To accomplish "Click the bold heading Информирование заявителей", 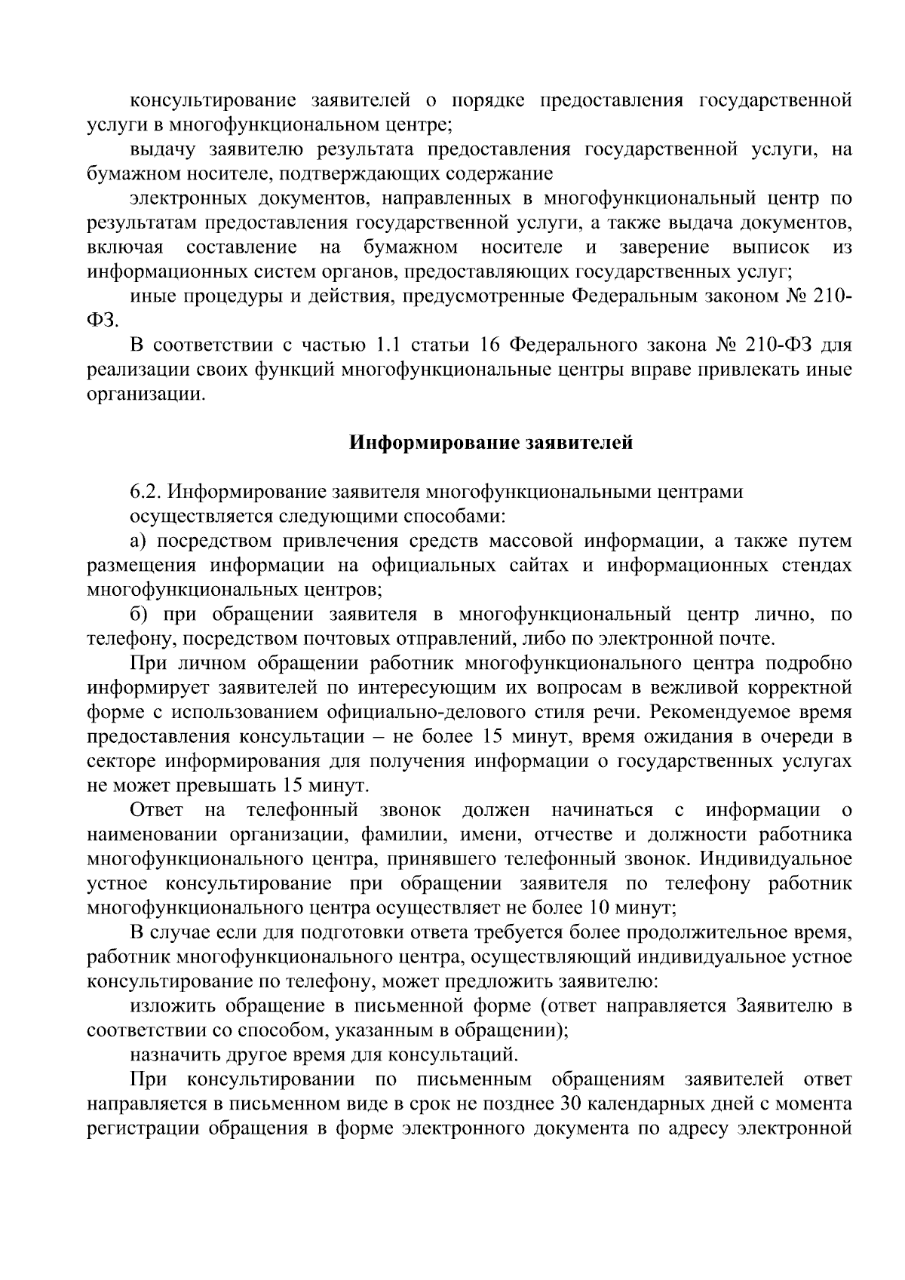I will click(491, 443).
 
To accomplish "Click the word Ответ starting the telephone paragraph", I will click(156, 810).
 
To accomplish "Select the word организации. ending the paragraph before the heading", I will click(146, 394).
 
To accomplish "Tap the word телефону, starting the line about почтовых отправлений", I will click(131, 640).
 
